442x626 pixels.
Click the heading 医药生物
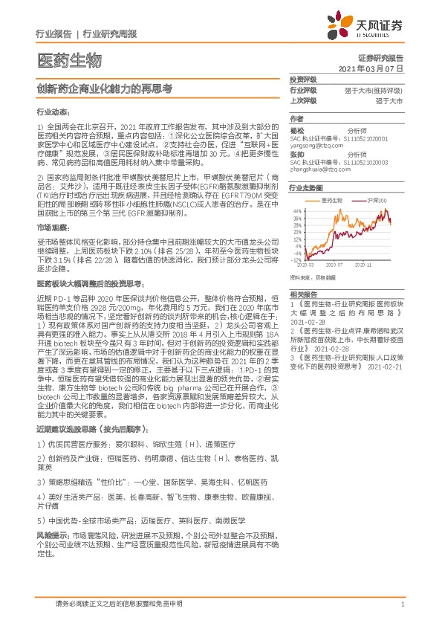pos(68,60)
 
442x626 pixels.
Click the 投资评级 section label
pos(303,79)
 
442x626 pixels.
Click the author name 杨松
pos(297,129)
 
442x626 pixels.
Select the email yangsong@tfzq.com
pos(316,147)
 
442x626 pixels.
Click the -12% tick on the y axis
pos(297,261)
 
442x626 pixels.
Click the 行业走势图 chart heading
pos(305,189)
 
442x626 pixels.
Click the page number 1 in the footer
pos(402,604)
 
